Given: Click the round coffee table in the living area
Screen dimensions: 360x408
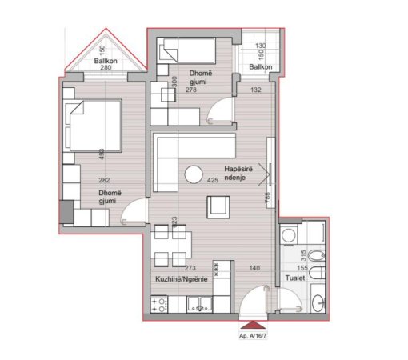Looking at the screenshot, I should pos(193,174).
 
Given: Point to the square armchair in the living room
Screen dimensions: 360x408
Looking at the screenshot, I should pos(218,207).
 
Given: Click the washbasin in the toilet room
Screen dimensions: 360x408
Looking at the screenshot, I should pos(318,302).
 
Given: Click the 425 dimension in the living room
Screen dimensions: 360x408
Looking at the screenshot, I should pos(213,181).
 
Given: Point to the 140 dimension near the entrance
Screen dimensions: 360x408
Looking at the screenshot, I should pos(255,269).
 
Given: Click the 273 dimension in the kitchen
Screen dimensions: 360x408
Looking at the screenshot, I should pos(190,269).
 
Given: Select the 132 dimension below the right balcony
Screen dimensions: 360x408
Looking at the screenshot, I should pos(256,90).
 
